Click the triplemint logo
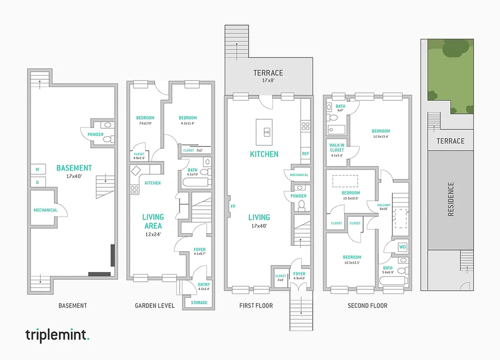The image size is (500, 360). coord(58,335)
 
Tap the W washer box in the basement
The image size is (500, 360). coord(37,170)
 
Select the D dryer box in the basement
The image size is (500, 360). coord(37,182)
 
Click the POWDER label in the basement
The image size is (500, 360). coord(95,135)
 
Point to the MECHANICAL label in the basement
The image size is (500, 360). coord(45,210)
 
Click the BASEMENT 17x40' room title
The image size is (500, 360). coord(74,171)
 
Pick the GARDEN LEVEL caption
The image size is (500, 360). coord(154,306)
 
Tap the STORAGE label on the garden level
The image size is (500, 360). coord(199,302)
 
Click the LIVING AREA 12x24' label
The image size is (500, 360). coord(153,225)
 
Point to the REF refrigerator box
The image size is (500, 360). coord(306,154)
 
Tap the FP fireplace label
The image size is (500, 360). coord(233,207)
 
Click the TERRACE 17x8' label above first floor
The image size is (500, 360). coord(268,76)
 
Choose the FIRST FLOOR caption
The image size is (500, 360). coord(256,306)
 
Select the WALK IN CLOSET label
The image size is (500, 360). coord(337,150)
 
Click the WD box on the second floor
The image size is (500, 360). coord(402,247)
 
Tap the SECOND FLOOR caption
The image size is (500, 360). coord(367,306)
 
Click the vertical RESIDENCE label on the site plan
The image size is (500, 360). coord(451,199)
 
